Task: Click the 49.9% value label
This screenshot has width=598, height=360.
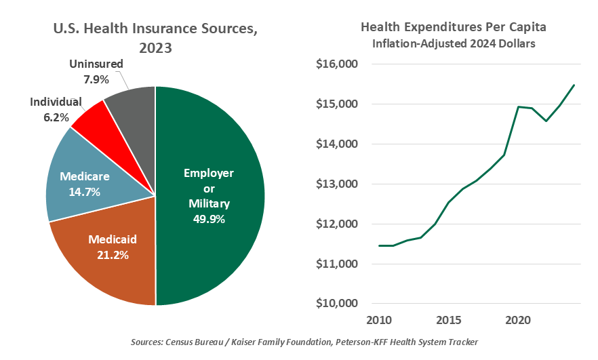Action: point(209,219)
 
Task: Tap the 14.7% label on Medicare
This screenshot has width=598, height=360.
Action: point(84,192)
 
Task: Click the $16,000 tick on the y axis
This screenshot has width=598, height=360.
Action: point(336,64)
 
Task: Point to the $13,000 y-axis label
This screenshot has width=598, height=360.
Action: point(336,184)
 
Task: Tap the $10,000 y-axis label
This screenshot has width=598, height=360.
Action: point(336,303)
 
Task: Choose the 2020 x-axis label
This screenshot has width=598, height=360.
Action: point(518,319)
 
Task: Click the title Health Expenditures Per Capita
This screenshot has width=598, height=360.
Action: point(453,28)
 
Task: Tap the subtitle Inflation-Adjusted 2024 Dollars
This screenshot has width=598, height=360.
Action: point(453,44)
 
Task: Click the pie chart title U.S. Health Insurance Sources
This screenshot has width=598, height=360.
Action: point(155,31)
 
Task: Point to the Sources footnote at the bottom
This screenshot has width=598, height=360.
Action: point(299,342)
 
